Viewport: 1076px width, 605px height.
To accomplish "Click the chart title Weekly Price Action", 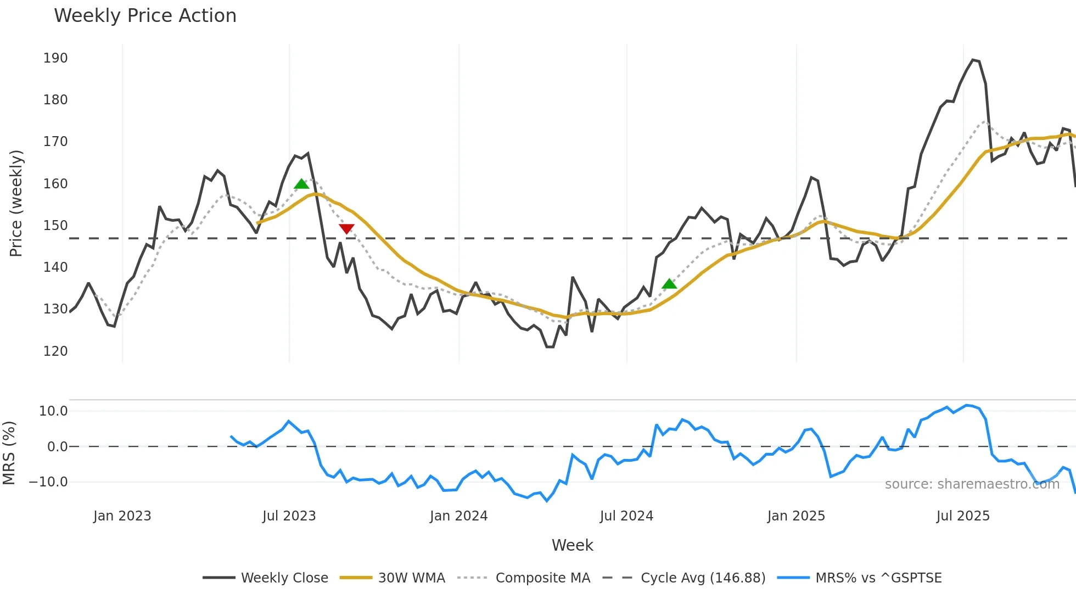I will point(145,16).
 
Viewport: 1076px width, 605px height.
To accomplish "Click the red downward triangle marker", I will point(346,228).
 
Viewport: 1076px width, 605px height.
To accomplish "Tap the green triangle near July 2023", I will point(301,184).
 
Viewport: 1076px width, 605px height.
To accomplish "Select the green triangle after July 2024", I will point(669,284).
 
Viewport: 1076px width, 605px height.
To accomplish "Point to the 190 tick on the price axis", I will point(55,58).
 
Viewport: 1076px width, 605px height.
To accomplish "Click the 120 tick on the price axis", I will point(55,351).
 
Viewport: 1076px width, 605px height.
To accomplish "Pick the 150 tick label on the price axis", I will point(55,226).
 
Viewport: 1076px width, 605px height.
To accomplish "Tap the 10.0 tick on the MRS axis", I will point(53,411).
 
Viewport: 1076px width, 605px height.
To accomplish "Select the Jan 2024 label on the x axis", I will point(458,516).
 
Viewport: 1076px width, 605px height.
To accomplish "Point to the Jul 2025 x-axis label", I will point(963,516).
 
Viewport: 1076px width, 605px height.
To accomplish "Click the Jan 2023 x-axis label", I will point(122,516).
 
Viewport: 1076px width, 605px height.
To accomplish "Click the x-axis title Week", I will point(572,545).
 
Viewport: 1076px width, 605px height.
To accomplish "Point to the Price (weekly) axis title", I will point(16,203).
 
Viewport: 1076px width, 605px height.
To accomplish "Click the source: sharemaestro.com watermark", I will point(972,484).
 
